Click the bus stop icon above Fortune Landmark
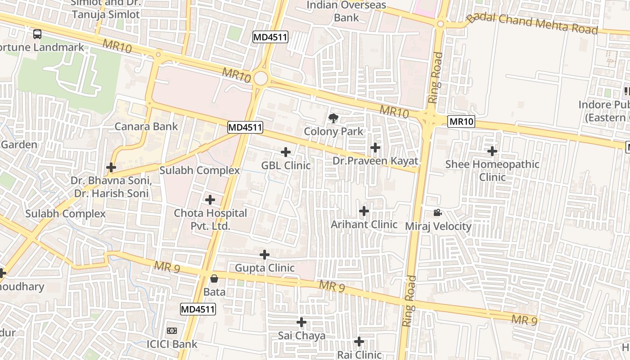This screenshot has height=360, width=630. click(x=37, y=34)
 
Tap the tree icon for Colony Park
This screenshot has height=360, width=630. click(x=333, y=119)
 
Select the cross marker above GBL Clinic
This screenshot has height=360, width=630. click(x=286, y=152)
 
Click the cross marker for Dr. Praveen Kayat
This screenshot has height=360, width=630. click(x=375, y=147)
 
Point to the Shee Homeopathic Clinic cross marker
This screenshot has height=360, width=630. click(x=492, y=151)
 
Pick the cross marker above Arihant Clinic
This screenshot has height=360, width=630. click(x=364, y=211)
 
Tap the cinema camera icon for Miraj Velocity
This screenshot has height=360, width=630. click(x=437, y=212)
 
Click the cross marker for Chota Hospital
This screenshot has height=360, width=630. click(x=210, y=200)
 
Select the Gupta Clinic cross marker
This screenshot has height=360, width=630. click(x=265, y=255)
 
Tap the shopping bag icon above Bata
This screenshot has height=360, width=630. click(x=214, y=279)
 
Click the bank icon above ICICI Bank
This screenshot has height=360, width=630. click(x=172, y=331)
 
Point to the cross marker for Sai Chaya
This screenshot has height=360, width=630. click(x=301, y=322)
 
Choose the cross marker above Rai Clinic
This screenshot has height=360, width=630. click(x=359, y=342)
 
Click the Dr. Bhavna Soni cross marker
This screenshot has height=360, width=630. click(x=111, y=167)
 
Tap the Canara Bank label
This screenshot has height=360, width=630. click(x=146, y=126)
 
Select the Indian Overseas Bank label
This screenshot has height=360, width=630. click(x=346, y=11)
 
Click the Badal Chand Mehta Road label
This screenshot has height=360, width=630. click(x=532, y=24)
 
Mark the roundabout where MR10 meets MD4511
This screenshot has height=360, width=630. click(x=261, y=78)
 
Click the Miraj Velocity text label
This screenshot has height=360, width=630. click(x=438, y=226)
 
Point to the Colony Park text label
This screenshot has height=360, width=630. click(x=333, y=131)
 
